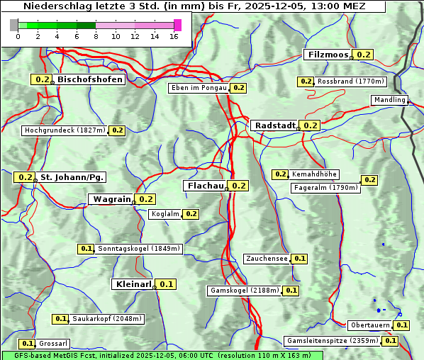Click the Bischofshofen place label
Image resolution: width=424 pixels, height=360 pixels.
[90, 80]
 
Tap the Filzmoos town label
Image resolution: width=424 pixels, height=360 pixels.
[328, 55]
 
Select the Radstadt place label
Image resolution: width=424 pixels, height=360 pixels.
[275, 125]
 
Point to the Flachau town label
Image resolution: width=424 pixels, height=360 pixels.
[205, 186]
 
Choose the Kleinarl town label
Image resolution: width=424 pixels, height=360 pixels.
[133, 284]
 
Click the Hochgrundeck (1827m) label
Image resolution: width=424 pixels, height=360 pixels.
[65, 130]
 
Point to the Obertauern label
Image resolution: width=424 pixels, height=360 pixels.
[370, 325]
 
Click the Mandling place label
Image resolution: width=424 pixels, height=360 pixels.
[389, 100]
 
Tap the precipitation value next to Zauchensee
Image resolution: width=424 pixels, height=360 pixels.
[300, 259]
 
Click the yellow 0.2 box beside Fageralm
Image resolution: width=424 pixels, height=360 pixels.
[369, 180]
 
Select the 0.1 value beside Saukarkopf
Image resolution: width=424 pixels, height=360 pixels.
[61, 319]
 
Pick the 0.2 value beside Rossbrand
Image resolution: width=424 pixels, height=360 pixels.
[306, 81]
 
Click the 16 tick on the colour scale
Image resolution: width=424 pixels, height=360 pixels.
[174, 36]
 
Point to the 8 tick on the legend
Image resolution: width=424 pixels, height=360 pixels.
[96, 36]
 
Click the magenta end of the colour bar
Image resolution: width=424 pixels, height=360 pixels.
[177, 25]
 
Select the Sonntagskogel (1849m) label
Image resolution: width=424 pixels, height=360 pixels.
[140, 249]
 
